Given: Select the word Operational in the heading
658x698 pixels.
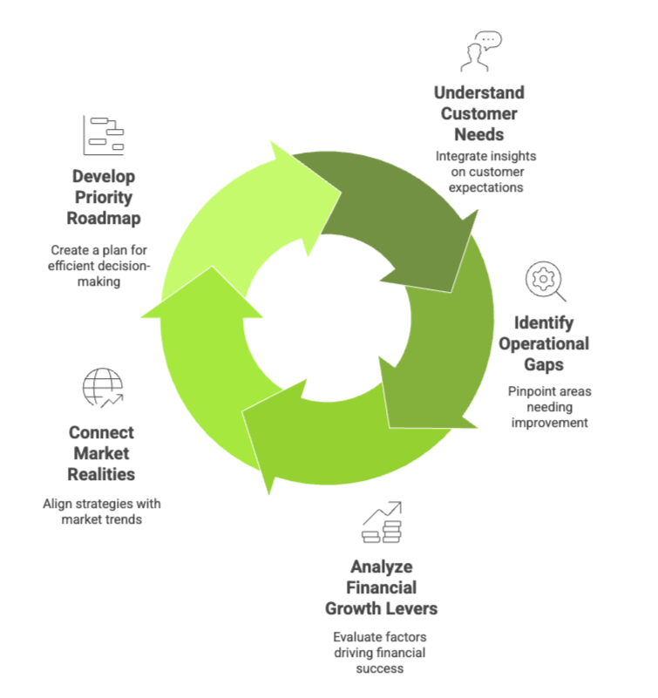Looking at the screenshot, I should [x=543, y=343].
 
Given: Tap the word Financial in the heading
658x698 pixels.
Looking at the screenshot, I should [x=382, y=587].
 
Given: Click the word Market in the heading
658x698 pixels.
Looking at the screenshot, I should [x=101, y=453].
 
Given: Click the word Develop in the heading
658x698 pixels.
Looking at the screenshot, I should [x=104, y=177].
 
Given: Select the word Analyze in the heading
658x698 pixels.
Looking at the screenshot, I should [x=381, y=566].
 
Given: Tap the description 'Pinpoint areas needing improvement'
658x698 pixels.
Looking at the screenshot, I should [x=549, y=407].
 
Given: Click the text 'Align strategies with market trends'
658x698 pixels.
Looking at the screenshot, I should [x=102, y=512].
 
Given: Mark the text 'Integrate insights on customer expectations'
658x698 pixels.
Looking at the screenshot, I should [x=485, y=171].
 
